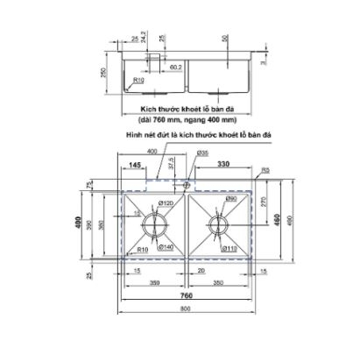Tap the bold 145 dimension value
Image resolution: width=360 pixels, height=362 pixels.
(x=135, y=164)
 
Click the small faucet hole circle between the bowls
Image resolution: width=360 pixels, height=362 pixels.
(x=186, y=186)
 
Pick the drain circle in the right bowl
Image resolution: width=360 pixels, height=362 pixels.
(x=218, y=224)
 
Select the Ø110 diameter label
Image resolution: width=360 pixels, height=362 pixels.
(x=231, y=246)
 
